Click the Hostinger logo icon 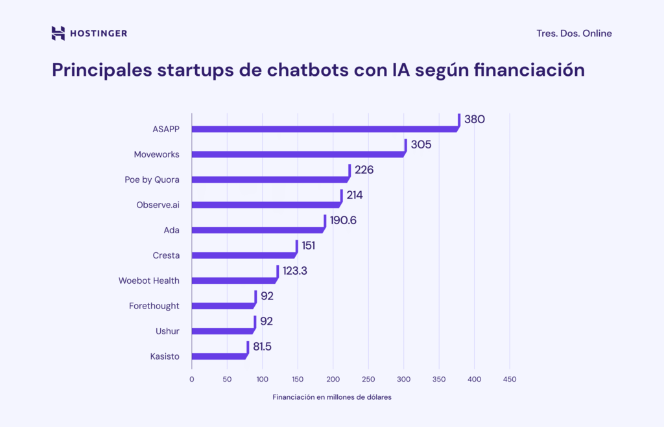click(x=58, y=33)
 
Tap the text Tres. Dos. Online click(x=574, y=34)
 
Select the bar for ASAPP click(x=324, y=129)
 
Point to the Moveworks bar click(x=298, y=154)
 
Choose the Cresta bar click(x=243, y=255)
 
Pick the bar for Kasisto click(x=219, y=356)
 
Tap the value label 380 click(x=475, y=119)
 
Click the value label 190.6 click(x=343, y=220)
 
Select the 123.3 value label click(x=294, y=271)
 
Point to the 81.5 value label click(x=262, y=347)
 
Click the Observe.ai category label click(x=158, y=205)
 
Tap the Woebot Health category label click(x=148, y=281)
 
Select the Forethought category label click(x=154, y=306)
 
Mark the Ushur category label click(x=167, y=331)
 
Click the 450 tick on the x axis click(x=509, y=379)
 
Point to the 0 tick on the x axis click(x=192, y=379)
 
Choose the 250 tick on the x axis click(x=368, y=379)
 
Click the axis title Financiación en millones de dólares click(x=332, y=397)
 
